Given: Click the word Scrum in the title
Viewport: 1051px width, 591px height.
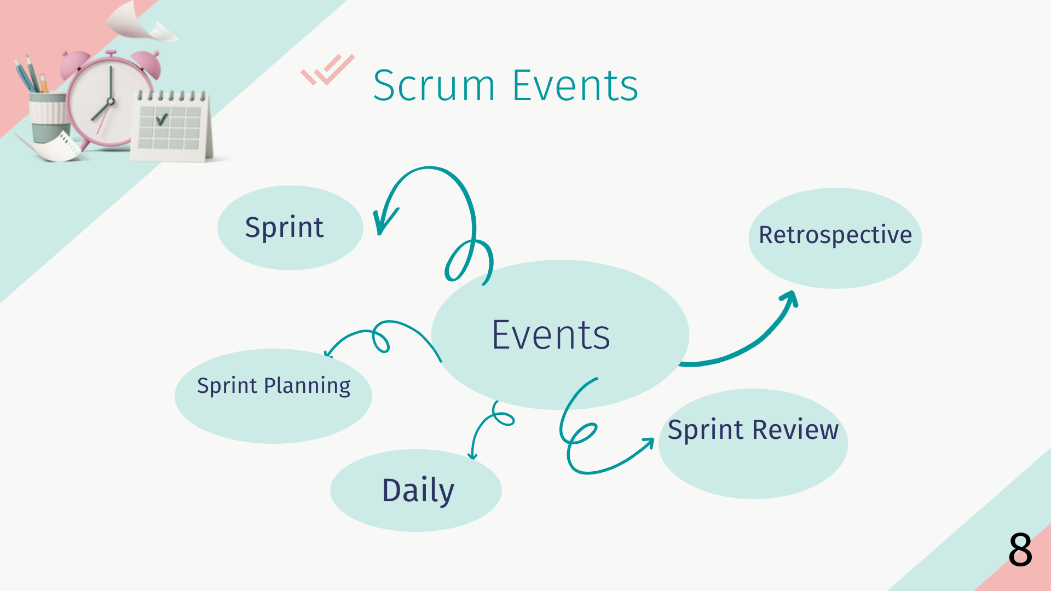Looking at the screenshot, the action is [434, 86].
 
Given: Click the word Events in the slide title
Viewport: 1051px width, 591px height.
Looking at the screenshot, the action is [575, 86].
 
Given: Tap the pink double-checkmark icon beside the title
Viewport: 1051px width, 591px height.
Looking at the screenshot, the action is [327, 69].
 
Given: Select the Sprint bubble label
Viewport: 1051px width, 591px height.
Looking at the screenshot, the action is [284, 228].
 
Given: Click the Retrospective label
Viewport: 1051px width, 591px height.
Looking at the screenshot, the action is [835, 235].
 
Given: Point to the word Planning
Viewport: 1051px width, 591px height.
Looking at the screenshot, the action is [307, 386].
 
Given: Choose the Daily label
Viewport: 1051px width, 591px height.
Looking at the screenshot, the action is [418, 491].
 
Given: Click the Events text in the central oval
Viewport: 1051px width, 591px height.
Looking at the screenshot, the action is [551, 335].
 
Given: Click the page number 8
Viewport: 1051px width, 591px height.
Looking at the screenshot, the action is [1020, 549].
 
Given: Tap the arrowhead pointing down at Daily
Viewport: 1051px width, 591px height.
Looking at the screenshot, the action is [473, 456].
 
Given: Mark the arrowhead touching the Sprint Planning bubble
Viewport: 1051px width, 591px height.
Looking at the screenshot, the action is [328, 353].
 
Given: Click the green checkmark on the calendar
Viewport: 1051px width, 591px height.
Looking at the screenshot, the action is [161, 119].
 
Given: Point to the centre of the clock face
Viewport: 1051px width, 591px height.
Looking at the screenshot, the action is [111, 101].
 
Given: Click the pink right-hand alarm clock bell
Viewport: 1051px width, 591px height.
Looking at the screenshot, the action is [147, 63].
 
